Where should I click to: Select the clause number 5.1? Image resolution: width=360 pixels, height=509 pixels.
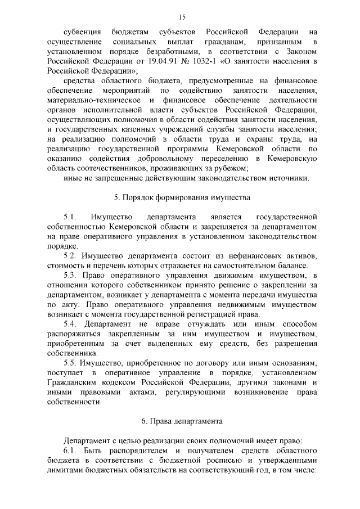coord(70,217)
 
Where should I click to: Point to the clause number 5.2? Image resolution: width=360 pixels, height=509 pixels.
coord(71,255)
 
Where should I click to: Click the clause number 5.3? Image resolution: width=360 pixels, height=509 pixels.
coord(71,274)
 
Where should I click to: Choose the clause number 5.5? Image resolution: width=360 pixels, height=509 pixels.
coord(71,363)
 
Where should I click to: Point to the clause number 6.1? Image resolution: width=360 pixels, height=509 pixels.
coord(70,451)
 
